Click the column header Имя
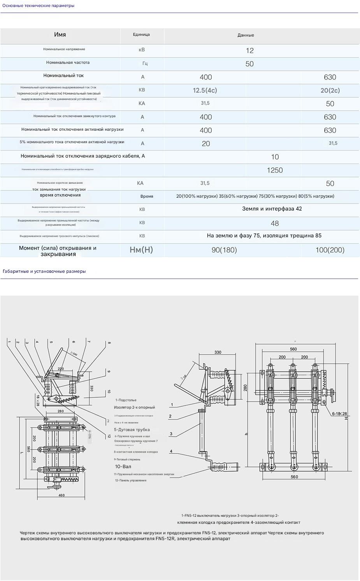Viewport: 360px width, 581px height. click(x=60, y=35)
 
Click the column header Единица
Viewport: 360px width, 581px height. click(x=141, y=35)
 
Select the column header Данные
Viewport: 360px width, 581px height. click(x=246, y=35)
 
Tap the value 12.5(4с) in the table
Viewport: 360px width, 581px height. click(x=205, y=90)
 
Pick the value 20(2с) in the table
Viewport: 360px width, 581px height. click(x=330, y=90)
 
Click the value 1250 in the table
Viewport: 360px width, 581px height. click(x=275, y=170)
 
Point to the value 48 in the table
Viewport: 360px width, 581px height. click(x=275, y=223)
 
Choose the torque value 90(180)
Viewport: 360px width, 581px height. click(x=224, y=250)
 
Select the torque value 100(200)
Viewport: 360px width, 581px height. click(x=330, y=250)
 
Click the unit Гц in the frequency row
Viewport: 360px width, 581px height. click(x=145, y=63)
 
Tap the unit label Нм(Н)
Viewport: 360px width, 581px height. click(x=141, y=250)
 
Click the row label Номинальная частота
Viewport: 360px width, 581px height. click(x=68, y=62)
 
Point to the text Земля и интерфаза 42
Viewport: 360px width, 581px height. click(x=272, y=209)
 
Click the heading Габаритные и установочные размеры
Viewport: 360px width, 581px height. click(x=44, y=271)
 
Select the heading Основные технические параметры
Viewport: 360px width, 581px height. click(x=39, y=5)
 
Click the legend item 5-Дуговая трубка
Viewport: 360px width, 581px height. click(x=132, y=430)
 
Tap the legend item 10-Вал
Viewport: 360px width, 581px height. click(x=123, y=466)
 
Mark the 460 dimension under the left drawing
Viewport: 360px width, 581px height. click(x=61, y=495)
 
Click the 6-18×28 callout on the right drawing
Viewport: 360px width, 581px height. click(x=339, y=414)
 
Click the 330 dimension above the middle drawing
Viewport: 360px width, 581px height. click(x=218, y=352)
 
